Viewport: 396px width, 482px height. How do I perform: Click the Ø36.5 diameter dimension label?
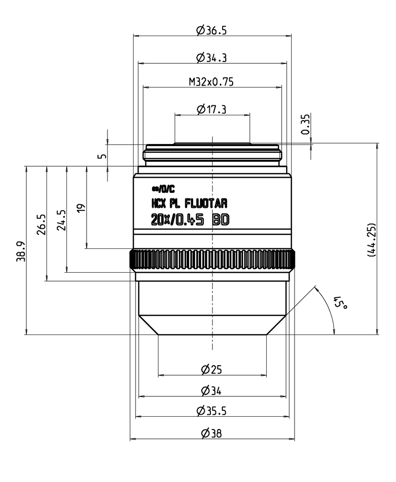click(211, 30)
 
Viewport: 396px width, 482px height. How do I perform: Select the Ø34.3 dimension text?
click(211, 57)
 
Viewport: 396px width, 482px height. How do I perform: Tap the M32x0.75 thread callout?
click(211, 82)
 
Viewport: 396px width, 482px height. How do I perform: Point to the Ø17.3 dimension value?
click(211, 109)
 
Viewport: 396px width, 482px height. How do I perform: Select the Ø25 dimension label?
click(211, 369)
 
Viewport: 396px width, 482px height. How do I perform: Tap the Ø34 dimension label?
click(211, 391)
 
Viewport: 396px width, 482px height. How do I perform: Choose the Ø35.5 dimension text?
click(211, 411)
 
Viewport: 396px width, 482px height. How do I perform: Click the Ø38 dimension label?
click(211, 434)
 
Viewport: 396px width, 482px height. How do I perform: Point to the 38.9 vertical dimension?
click(21, 251)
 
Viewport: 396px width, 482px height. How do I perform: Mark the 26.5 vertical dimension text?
click(42, 224)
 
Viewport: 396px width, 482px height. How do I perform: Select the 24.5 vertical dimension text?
click(61, 220)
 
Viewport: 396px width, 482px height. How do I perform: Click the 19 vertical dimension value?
click(81, 207)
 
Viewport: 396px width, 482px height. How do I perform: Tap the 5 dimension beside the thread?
click(102, 155)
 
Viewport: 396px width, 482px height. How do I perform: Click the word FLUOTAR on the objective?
click(206, 203)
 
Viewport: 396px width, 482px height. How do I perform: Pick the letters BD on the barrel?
click(221, 220)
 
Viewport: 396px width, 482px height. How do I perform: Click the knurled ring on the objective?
click(212, 260)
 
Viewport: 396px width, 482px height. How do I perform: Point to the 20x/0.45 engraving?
click(177, 220)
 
